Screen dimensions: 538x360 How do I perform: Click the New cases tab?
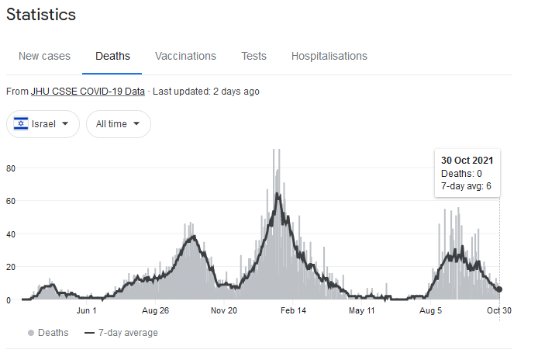44,56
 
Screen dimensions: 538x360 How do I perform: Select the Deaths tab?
112,56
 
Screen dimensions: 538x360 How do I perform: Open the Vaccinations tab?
185,56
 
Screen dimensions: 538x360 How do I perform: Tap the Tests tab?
253,56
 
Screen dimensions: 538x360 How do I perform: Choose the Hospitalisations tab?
329,56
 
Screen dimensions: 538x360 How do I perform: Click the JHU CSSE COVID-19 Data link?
88,92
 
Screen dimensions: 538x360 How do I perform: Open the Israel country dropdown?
43,124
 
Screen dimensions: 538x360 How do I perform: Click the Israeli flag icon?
21,123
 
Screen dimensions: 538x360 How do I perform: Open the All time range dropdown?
119,124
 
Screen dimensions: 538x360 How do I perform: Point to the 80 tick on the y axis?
11,168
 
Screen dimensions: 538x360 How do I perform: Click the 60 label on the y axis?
11,201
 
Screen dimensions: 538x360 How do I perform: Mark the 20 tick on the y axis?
11,267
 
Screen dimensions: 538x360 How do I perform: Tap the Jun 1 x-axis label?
87,310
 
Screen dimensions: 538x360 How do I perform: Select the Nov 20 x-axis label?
224,310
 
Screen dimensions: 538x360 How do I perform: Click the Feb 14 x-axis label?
293,310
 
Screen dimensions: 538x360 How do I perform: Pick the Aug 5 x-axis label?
430,310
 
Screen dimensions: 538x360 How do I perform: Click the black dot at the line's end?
499,289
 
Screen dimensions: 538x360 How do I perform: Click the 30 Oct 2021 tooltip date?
467,161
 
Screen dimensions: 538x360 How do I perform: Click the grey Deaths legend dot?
31,333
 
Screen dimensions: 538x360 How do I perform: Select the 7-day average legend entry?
121,333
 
